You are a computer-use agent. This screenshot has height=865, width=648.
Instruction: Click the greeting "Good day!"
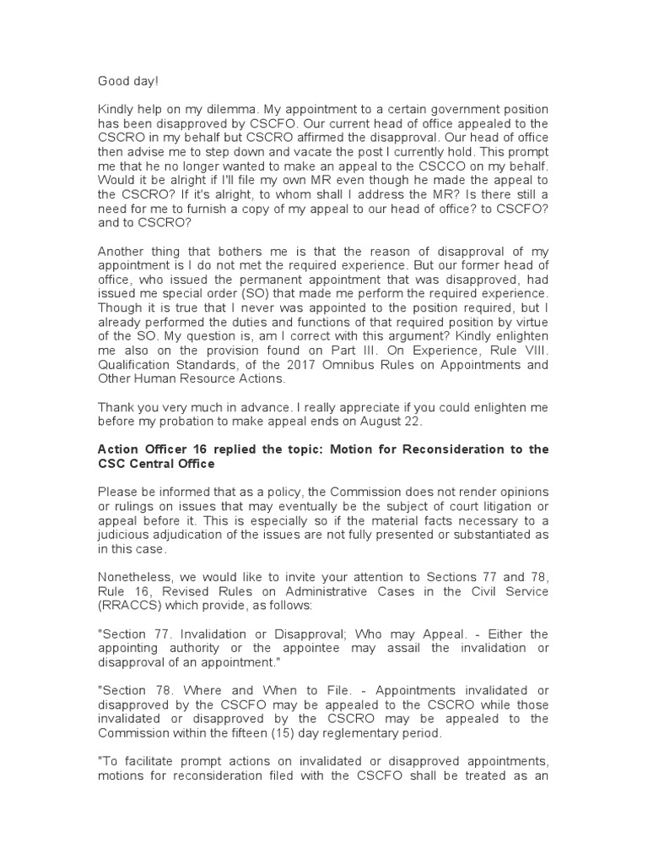tap(127, 80)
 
